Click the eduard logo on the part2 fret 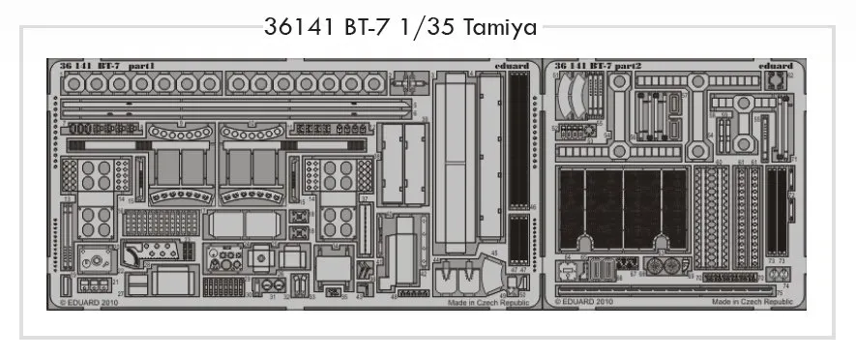tap(777, 66)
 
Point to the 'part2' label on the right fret tap(637, 66)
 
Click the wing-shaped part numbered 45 tap(482, 272)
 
